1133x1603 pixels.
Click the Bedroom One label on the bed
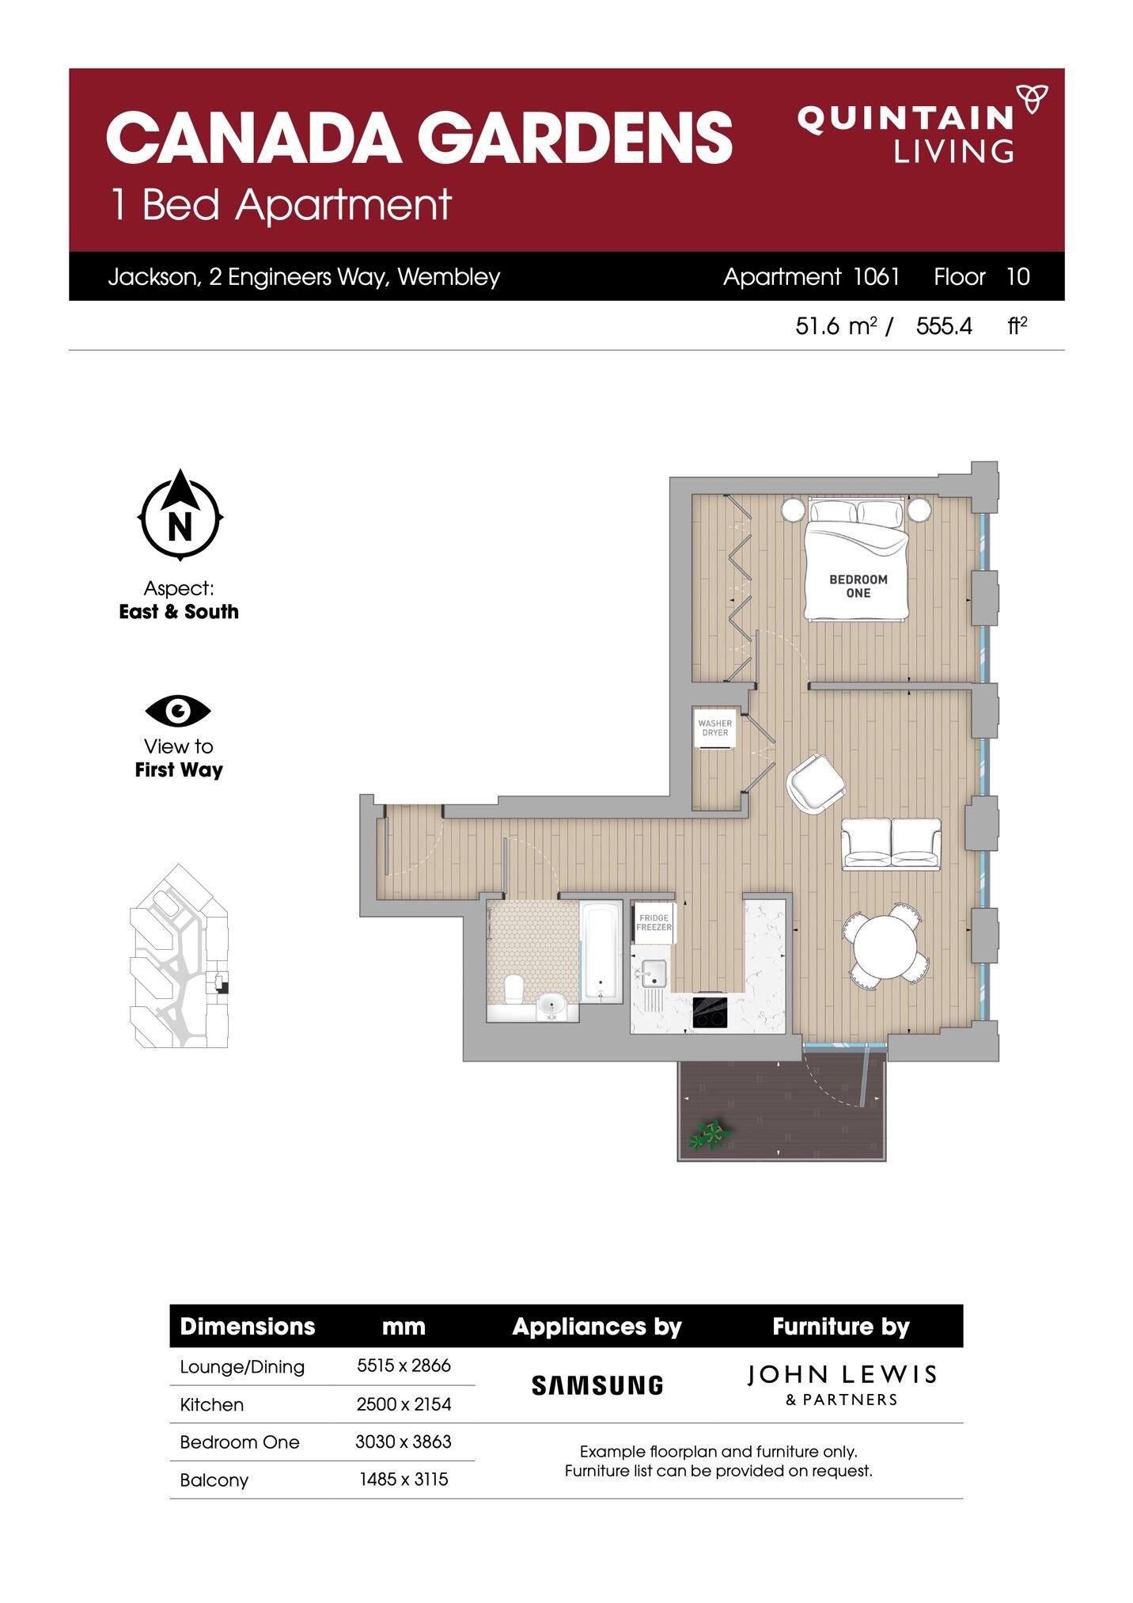click(x=858, y=586)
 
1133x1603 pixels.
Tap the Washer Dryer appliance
click(x=715, y=728)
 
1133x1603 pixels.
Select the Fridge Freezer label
click(x=654, y=923)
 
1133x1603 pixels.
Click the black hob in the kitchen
click(x=710, y=1012)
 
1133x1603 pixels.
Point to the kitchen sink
click(x=654, y=974)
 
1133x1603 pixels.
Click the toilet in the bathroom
click(x=513, y=988)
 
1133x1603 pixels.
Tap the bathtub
click(x=602, y=952)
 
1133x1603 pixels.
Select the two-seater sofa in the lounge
click(x=891, y=844)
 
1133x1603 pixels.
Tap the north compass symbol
click(x=180, y=515)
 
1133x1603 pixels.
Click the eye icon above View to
click(x=178, y=711)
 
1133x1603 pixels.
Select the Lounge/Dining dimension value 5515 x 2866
click(x=404, y=1366)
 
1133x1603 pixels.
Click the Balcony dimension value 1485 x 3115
click(x=404, y=1479)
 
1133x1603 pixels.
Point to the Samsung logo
click(x=597, y=1385)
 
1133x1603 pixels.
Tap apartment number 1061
click(x=877, y=276)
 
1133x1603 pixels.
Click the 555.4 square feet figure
click(x=944, y=326)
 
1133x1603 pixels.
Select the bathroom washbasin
click(x=551, y=1007)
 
